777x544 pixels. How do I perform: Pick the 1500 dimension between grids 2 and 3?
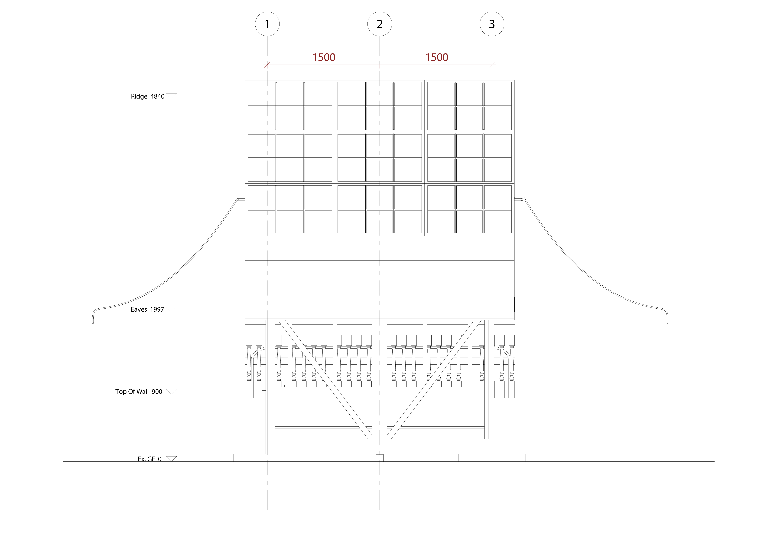click(x=437, y=57)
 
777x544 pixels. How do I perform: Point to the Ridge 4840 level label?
click(x=148, y=97)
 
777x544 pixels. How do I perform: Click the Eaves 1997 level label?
click(x=147, y=309)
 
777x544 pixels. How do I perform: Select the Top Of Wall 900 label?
click(x=139, y=392)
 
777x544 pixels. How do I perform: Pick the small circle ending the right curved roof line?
click(x=522, y=200)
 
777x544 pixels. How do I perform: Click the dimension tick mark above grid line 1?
click(x=267, y=64)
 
